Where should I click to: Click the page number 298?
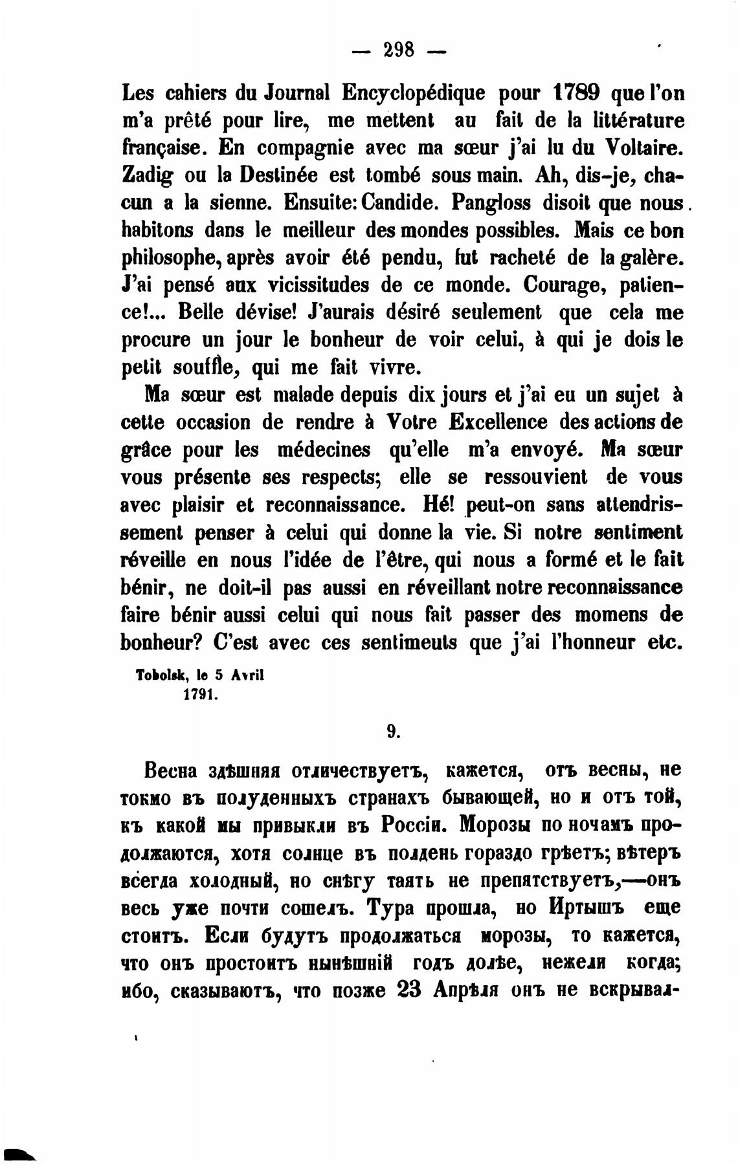399,49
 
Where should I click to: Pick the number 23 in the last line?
408,990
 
